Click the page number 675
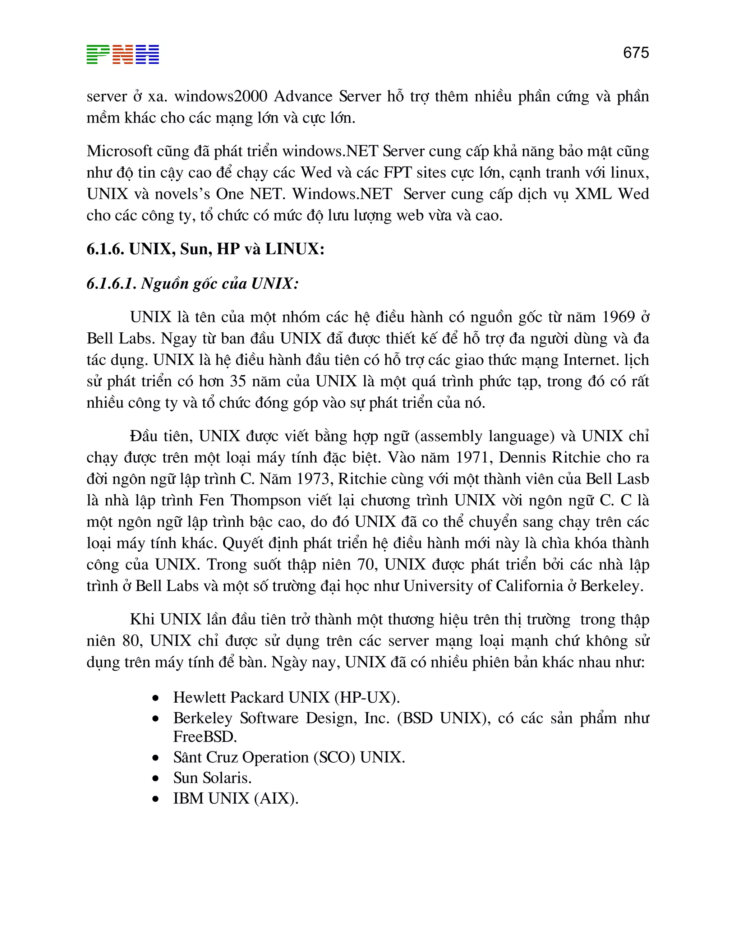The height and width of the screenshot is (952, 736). pos(636,53)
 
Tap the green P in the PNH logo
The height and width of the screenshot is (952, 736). pos(98,55)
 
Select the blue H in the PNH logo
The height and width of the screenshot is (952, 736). pos(147,55)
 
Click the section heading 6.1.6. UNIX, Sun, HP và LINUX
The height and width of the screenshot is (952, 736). pos(205,249)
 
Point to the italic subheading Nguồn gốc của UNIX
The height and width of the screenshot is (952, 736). pos(193,284)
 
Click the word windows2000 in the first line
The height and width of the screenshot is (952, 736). pos(221,96)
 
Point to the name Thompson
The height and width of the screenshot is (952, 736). pos(266,500)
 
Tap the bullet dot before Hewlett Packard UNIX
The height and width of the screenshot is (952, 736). pos(156,698)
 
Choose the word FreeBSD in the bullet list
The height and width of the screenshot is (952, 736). pos(204,737)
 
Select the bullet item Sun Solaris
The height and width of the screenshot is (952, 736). pos(212,778)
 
